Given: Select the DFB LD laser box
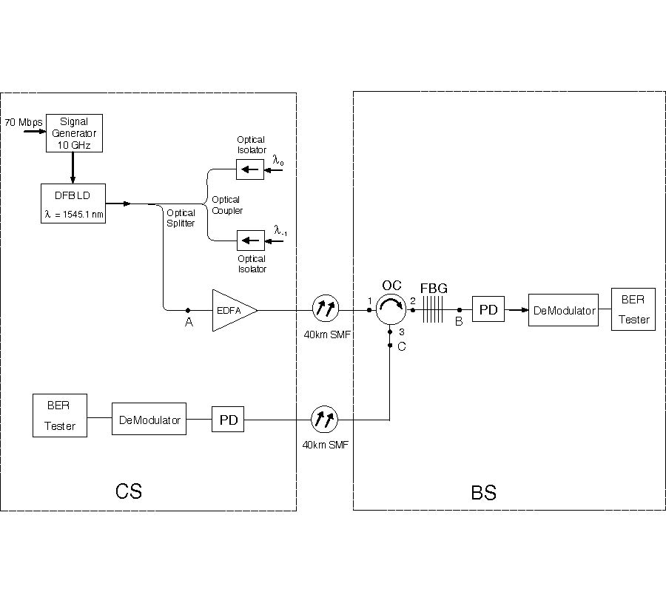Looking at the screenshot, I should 73,203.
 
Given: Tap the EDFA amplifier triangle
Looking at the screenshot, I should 232,310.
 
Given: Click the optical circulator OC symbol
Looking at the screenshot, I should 390,309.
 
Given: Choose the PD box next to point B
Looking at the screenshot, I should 488,310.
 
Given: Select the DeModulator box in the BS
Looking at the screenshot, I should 564,310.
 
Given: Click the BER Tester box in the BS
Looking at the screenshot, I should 633,310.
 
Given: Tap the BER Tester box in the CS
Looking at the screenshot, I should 60,416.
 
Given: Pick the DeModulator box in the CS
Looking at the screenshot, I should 149,420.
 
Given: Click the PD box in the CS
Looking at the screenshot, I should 228,420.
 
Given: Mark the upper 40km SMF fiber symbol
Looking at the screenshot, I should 325,309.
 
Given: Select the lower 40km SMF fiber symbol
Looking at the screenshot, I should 325,420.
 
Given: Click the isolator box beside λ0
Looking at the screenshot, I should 250,170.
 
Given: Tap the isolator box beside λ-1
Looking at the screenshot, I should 250,240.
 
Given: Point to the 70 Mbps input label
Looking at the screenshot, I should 23,121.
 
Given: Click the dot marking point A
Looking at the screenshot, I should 188,310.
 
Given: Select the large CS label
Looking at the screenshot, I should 129,491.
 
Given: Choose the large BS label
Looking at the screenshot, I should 483,492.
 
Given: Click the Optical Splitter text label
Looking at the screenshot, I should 181,218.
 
